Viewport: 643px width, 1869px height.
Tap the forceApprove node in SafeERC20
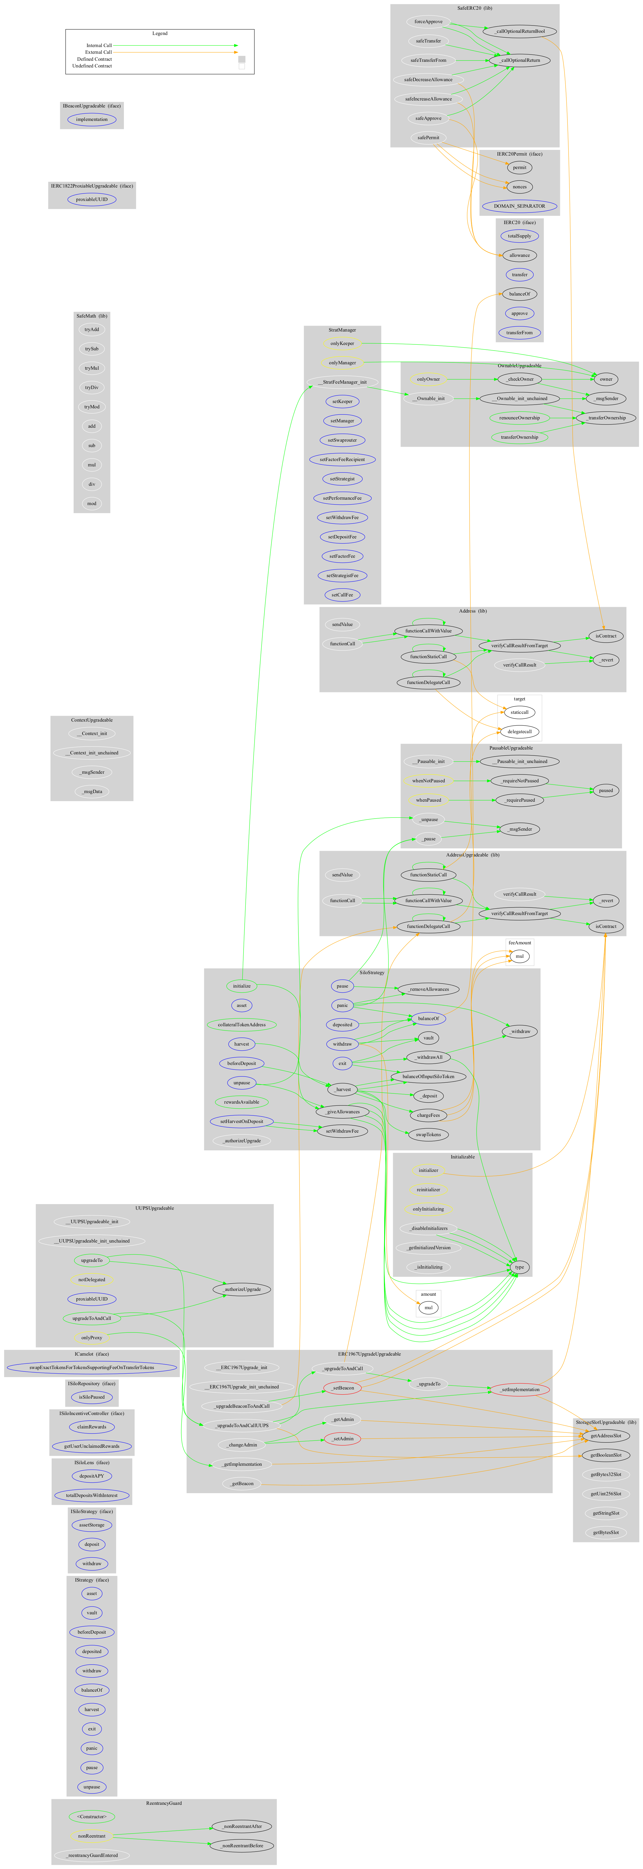tap(428, 22)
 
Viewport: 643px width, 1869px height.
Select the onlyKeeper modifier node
tap(342, 343)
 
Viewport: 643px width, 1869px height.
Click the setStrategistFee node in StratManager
tap(342, 575)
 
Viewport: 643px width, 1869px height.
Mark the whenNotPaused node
tap(428, 781)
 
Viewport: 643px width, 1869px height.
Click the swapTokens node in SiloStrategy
tap(428, 1135)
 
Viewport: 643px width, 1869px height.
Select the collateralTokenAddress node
tap(242, 1024)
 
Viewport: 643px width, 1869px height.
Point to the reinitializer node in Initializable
tap(428, 1190)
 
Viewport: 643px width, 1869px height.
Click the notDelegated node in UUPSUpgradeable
tap(91, 1280)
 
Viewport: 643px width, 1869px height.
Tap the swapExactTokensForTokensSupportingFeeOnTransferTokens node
tap(91, 1368)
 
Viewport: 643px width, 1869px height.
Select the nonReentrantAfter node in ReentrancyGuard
tap(242, 1826)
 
